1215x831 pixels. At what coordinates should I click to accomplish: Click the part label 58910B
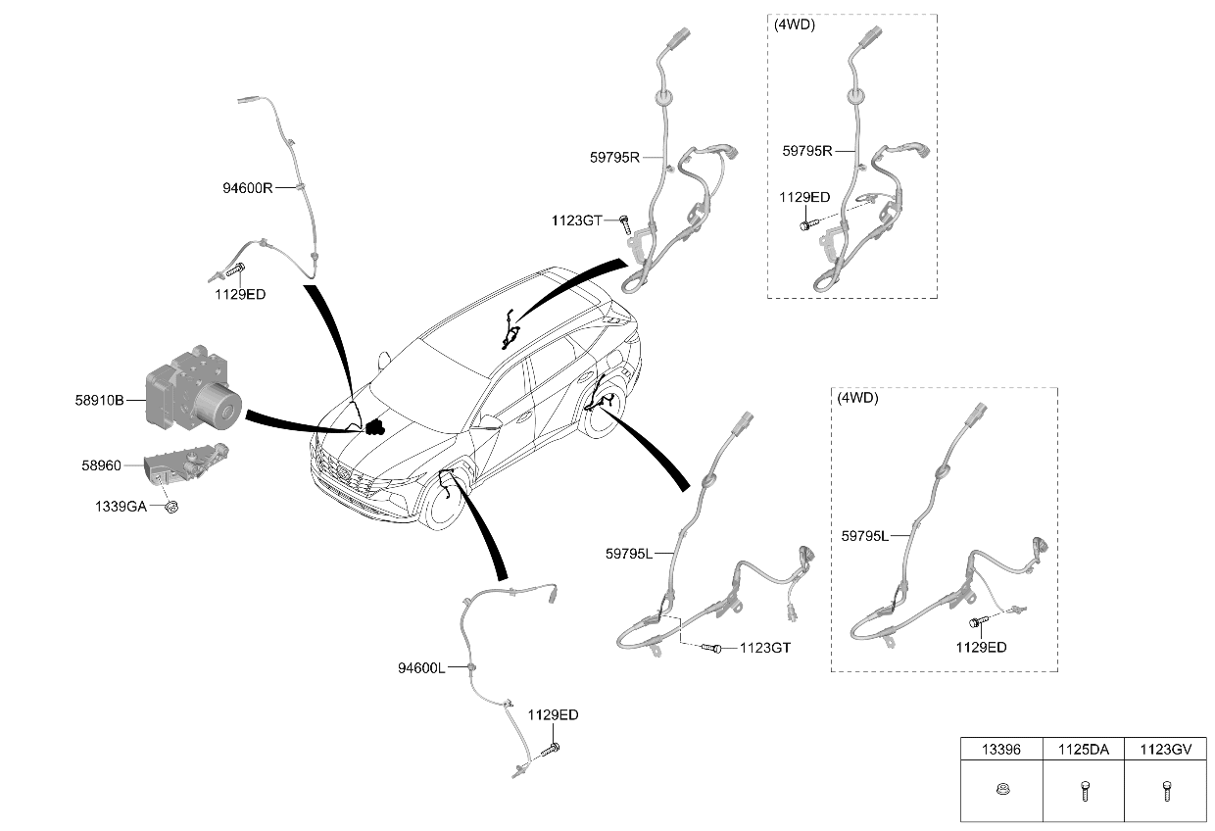point(99,401)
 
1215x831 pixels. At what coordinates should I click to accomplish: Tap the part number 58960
point(102,465)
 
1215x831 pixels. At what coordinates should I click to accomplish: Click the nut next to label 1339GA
point(171,507)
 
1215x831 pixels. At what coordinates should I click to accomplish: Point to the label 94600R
point(247,188)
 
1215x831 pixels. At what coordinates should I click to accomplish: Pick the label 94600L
point(421,667)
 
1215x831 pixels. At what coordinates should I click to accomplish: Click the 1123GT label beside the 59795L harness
point(765,648)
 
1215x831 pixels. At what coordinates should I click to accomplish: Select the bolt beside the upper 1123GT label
point(625,223)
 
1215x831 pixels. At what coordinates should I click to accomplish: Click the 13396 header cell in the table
point(1001,749)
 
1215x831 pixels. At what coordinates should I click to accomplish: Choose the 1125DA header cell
point(1083,749)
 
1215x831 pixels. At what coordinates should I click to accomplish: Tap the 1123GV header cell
point(1165,749)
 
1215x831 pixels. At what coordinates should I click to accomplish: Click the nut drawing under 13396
point(1002,789)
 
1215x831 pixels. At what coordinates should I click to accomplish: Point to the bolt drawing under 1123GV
point(1167,790)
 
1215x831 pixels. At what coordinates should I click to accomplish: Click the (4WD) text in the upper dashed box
point(794,24)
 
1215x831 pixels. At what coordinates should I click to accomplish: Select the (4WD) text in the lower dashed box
point(857,398)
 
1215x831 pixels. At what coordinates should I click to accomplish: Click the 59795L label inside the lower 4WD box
point(864,536)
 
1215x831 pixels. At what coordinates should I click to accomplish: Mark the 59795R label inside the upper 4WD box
point(806,151)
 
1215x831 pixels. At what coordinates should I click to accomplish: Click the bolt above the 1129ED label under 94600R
point(235,269)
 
